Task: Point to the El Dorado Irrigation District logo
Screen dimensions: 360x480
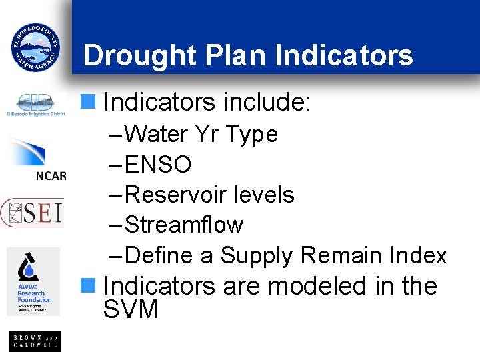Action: click(35, 105)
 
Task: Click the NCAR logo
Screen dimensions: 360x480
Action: click(38, 160)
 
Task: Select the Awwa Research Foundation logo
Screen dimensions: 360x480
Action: click(33, 281)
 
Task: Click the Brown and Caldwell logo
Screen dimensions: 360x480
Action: click(35, 341)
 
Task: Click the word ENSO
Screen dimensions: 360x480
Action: click(158, 164)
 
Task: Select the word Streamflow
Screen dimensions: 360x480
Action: click(184, 225)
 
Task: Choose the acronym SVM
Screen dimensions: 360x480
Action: click(131, 310)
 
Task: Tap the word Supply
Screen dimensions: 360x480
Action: click(257, 256)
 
